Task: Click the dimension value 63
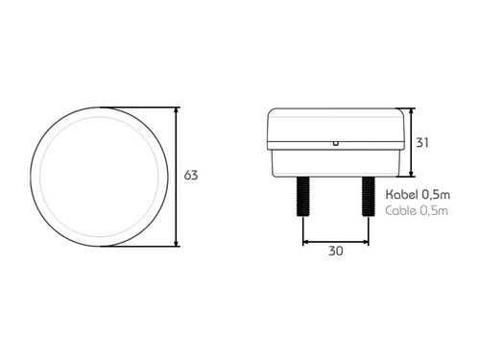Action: (x=190, y=176)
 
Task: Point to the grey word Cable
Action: (x=400, y=210)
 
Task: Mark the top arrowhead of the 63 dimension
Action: (x=178, y=110)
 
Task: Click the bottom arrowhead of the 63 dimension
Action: (x=178, y=242)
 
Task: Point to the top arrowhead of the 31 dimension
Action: (x=410, y=112)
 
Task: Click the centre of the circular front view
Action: (x=97, y=177)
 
